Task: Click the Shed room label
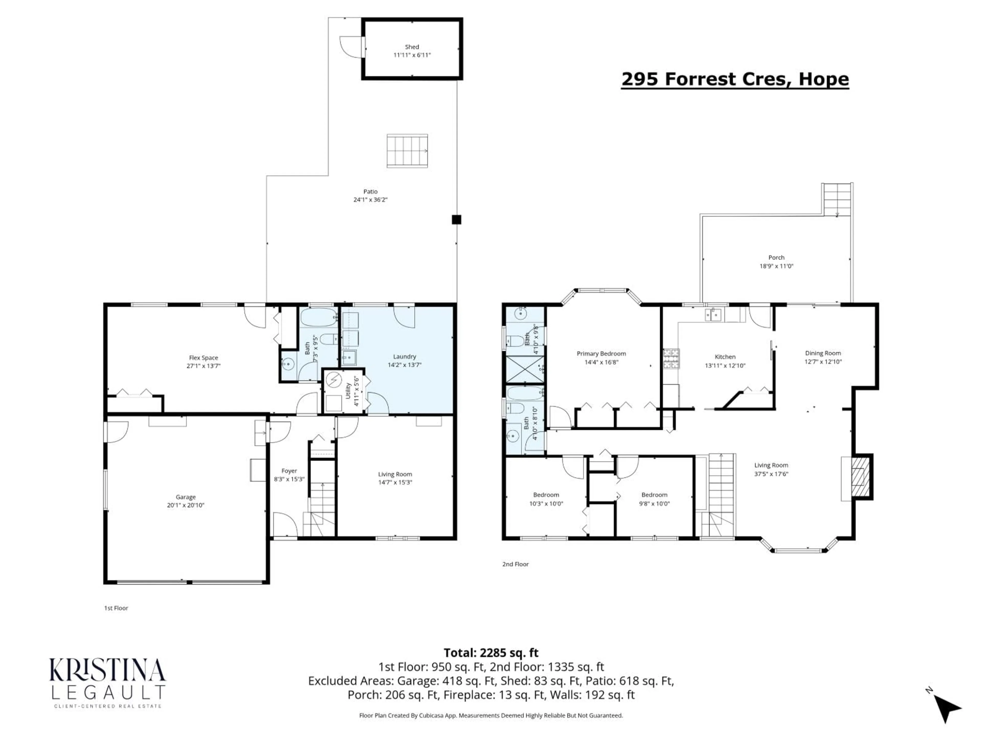click(x=411, y=47)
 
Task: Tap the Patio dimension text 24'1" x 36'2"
click(x=370, y=200)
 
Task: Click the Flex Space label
click(x=203, y=358)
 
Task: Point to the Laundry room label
click(x=404, y=356)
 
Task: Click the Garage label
click(x=186, y=497)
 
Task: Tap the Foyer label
click(x=289, y=471)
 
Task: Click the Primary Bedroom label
click(x=601, y=354)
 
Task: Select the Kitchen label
click(x=725, y=357)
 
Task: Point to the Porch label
click(x=776, y=257)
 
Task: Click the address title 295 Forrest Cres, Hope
click(x=735, y=79)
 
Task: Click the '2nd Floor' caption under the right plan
click(x=515, y=564)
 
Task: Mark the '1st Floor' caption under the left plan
click(x=116, y=608)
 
